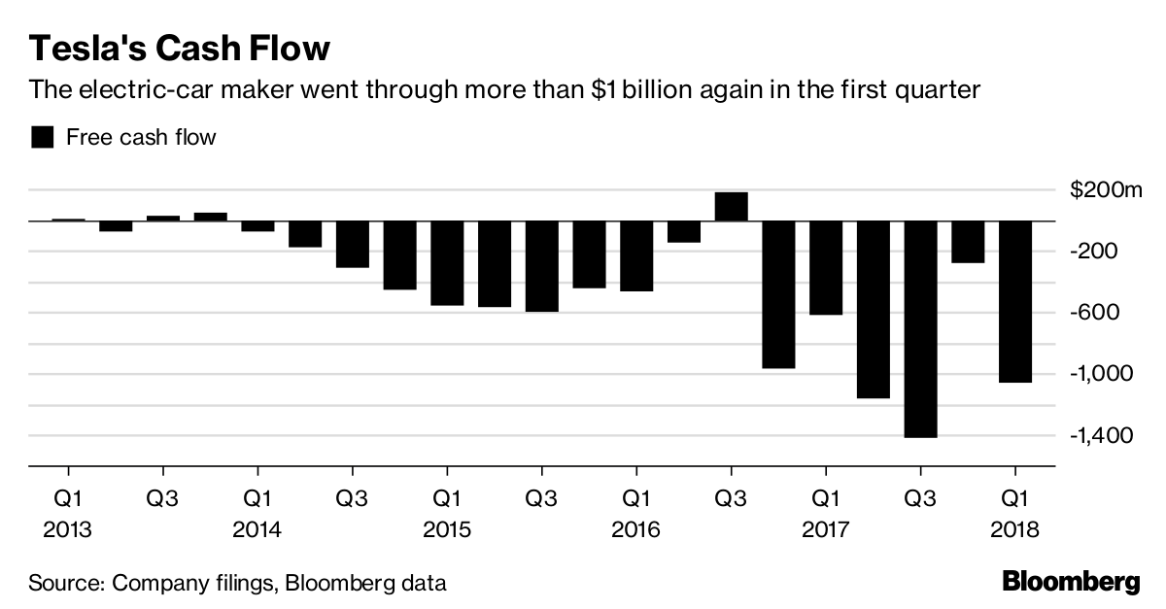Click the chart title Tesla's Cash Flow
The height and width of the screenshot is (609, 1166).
tap(180, 49)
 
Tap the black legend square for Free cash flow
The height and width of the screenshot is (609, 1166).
tap(42, 137)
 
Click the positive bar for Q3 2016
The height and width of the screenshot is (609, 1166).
tap(731, 206)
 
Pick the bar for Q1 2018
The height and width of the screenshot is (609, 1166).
tap(1015, 301)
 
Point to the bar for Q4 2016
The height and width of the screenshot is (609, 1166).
tap(778, 294)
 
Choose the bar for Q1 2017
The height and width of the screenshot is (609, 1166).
tap(826, 267)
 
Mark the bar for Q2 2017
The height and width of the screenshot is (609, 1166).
tap(874, 309)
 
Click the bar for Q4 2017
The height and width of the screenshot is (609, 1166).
tap(968, 241)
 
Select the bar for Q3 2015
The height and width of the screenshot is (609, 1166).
tap(541, 266)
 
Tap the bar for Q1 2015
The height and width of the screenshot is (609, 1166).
tap(447, 262)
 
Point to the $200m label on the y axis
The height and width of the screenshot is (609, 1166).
tap(1104, 190)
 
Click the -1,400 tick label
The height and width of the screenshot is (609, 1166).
tap(1102, 435)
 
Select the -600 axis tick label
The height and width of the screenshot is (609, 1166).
tap(1095, 313)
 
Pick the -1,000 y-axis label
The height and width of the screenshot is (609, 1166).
tap(1102, 374)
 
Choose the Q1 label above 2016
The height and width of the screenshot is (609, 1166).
tap(636, 500)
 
